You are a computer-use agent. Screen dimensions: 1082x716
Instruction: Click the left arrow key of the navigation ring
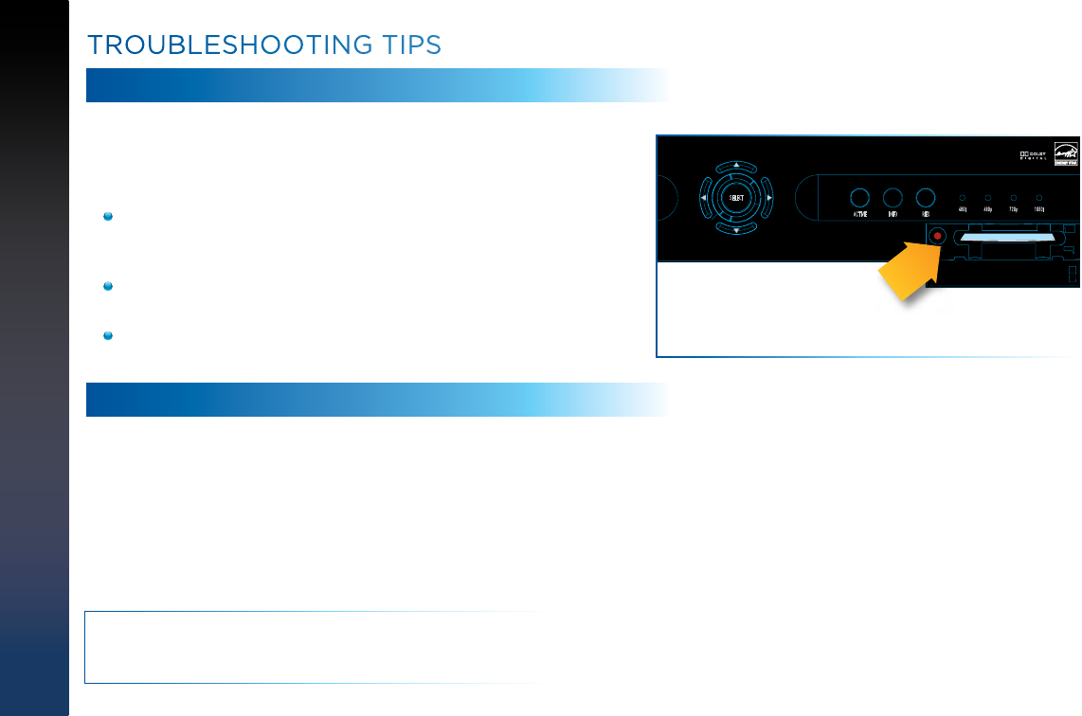pos(702,198)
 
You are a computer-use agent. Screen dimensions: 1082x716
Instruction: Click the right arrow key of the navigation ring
pos(768,198)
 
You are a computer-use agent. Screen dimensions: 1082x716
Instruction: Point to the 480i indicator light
pos(963,197)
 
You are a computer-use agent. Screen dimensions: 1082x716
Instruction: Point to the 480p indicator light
pos(988,197)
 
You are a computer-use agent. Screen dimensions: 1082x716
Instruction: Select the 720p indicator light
pos(1014,197)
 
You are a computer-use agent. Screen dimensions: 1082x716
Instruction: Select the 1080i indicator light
pos(1039,197)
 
